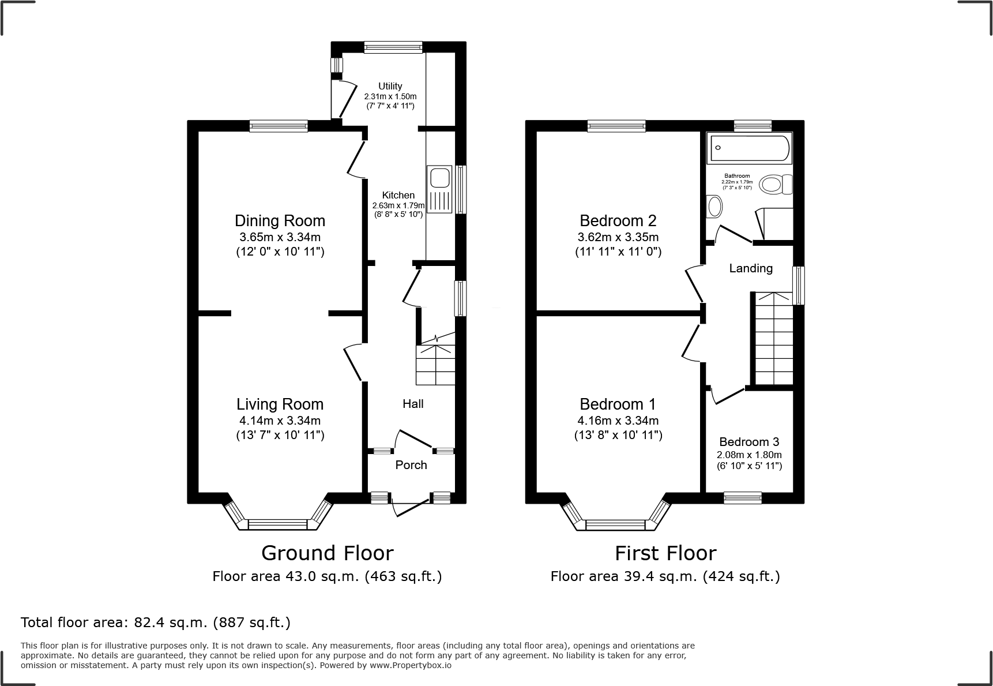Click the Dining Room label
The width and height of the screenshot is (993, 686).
280,220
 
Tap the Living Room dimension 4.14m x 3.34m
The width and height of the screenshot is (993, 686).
280,421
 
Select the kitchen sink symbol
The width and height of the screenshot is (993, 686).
439,189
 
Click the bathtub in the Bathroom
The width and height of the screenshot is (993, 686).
749,148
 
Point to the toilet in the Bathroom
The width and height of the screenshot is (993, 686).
775,185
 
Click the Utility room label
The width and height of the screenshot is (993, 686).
390,86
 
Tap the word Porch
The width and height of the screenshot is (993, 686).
411,465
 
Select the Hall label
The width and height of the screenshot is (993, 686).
413,404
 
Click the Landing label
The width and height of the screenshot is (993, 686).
751,268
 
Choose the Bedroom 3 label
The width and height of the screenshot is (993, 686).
749,442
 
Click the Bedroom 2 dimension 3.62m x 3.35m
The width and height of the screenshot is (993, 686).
618,237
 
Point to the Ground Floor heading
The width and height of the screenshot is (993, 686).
327,553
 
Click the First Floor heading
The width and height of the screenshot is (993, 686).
665,553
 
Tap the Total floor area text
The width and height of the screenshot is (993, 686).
156,623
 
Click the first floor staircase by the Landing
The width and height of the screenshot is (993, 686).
774,340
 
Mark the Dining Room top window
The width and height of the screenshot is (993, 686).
279,126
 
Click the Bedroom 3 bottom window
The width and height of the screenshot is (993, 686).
743,497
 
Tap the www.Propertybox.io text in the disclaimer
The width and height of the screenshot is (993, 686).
410,665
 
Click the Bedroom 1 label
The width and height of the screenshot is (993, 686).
618,404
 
